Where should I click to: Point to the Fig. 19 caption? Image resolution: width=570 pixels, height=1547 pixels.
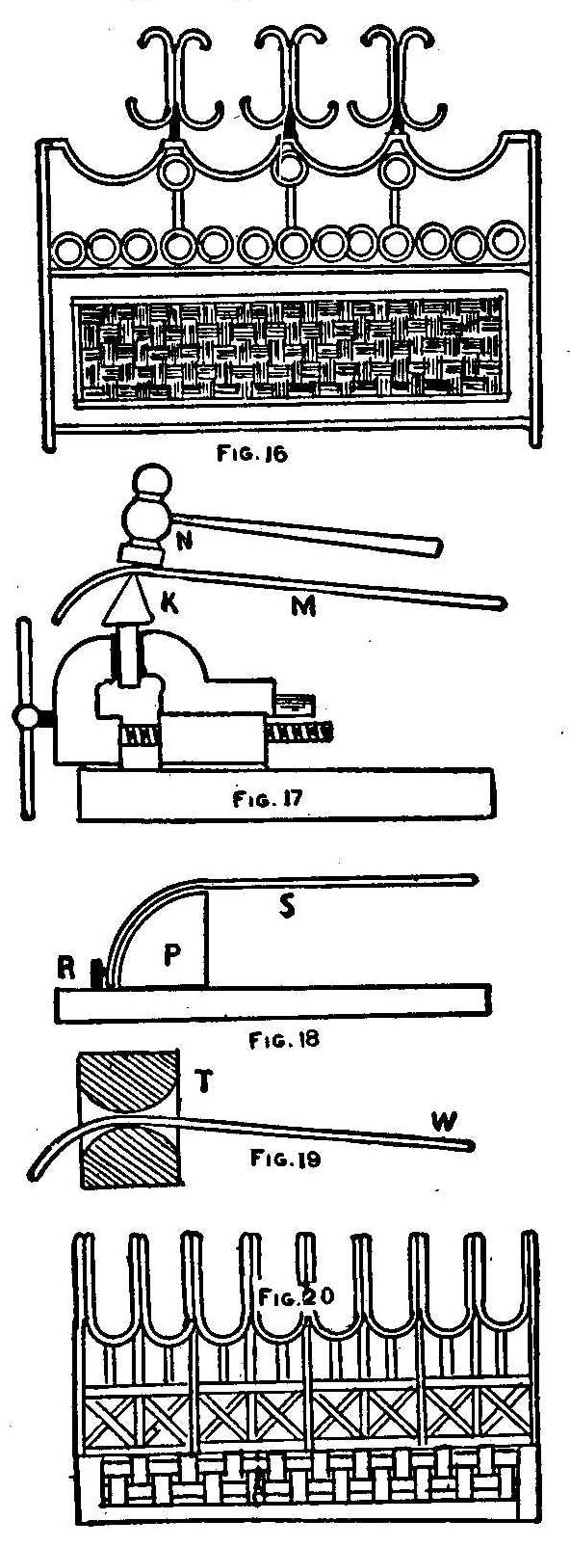point(284,1158)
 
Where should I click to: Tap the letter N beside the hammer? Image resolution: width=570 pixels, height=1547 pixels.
point(184,542)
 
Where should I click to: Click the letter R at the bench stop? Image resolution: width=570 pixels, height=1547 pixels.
point(66,969)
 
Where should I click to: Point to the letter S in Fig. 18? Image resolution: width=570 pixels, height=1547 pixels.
point(286,906)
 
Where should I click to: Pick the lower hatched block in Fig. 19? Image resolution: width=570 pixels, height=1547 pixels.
point(130,1159)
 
